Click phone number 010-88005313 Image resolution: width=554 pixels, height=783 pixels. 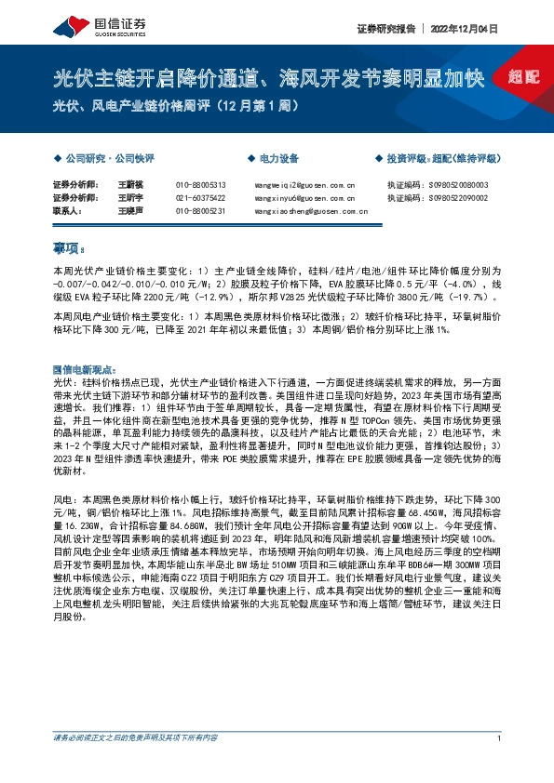click(x=200, y=186)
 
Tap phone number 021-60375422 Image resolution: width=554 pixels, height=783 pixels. click(x=200, y=199)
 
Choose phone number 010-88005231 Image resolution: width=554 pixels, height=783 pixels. click(x=200, y=212)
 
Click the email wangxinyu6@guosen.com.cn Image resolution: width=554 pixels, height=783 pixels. click(x=304, y=199)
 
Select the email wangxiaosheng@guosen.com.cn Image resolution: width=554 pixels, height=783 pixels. click(x=309, y=212)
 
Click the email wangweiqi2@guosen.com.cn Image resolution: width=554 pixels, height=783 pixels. click(x=304, y=186)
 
